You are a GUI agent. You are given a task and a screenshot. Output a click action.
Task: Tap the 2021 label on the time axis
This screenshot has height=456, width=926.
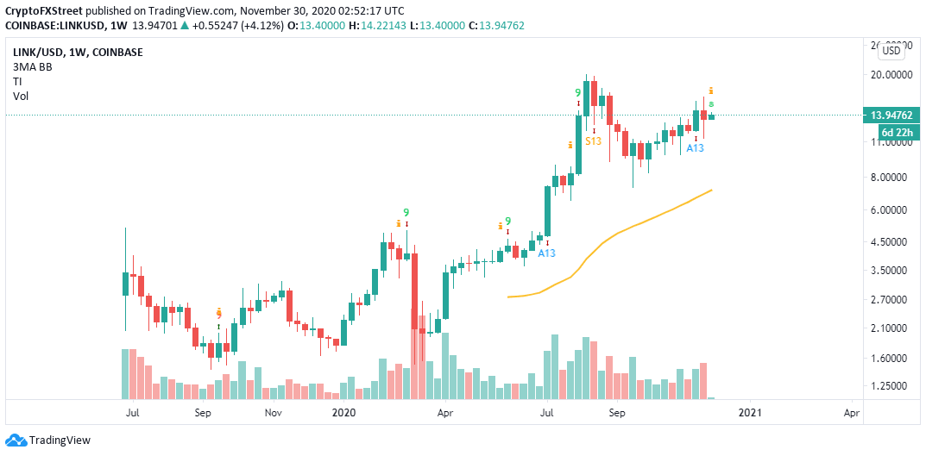[x=749, y=414]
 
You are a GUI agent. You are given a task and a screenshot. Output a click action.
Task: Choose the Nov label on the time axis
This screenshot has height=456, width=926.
[x=273, y=414]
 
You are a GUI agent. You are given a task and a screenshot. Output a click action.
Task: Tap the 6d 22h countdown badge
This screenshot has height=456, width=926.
[x=896, y=132]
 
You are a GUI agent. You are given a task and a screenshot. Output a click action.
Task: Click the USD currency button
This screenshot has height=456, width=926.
[x=891, y=51]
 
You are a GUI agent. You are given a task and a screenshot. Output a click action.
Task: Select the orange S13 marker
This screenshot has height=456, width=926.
[x=593, y=140]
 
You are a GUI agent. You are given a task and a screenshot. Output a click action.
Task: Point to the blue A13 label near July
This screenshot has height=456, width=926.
[x=546, y=253]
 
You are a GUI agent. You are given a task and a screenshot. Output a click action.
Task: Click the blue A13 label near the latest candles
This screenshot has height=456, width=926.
[x=695, y=148]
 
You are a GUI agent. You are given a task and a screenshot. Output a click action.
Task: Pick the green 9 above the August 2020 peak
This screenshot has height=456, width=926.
[x=577, y=92]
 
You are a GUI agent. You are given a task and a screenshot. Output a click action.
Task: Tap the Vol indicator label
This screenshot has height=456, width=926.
[x=21, y=96]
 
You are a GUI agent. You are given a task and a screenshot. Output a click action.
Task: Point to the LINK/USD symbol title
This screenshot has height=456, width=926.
[x=41, y=52]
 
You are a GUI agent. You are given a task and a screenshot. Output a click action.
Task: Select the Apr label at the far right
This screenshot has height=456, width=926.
[x=852, y=414]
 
